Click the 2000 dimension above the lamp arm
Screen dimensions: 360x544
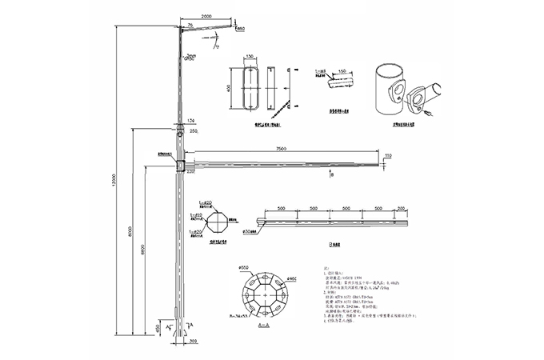tap(206, 16)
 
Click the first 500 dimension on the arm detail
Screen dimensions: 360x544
tap(282, 209)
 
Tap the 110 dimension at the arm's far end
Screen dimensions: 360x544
tap(387, 155)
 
